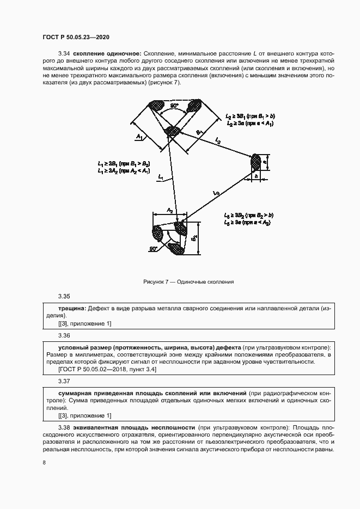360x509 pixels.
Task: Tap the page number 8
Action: pos(44,463)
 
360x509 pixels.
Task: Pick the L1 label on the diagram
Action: pos(161,177)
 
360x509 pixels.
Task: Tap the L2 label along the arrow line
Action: pos(218,140)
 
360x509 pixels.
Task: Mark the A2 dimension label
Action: pos(170,211)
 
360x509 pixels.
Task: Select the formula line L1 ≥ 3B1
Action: pos(124,163)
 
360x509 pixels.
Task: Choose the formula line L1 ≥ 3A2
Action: pos(124,171)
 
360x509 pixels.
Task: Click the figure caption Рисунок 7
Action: pos(188,282)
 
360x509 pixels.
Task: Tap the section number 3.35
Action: pos(64,297)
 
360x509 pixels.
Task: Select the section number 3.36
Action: pos(64,335)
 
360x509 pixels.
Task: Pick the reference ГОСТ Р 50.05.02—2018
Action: pos(93,370)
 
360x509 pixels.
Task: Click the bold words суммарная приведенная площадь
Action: pos(103,393)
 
